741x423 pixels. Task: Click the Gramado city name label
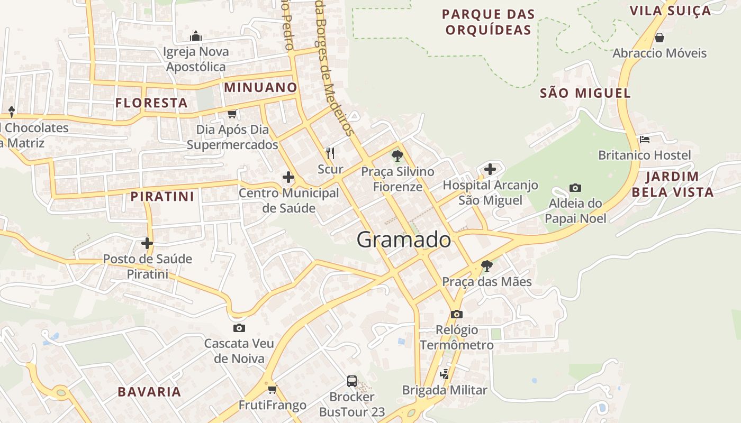pyautogui.click(x=403, y=240)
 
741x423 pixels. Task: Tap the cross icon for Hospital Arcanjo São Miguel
pyautogui.click(x=490, y=169)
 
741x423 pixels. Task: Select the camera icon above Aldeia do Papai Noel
pyautogui.click(x=575, y=188)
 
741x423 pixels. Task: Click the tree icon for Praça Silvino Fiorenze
pyautogui.click(x=397, y=155)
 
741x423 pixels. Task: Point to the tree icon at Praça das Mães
pyautogui.click(x=487, y=265)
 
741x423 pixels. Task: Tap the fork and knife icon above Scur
pyautogui.click(x=330, y=153)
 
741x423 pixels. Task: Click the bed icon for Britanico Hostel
pyautogui.click(x=644, y=140)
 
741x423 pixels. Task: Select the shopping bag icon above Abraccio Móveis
pyautogui.click(x=659, y=38)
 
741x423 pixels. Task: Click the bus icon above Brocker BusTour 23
pyautogui.click(x=351, y=381)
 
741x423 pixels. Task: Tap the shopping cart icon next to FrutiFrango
pyautogui.click(x=272, y=390)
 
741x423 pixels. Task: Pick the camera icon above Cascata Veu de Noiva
pyautogui.click(x=239, y=328)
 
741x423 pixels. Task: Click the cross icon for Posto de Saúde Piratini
pyautogui.click(x=147, y=243)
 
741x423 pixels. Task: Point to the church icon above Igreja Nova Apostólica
pyautogui.click(x=196, y=36)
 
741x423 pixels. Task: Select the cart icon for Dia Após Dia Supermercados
pyautogui.click(x=232, y=114)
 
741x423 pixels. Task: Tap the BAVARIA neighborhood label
pyautogui.click(x=149, y=392)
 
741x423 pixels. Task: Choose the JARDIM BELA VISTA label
pyautogui.click(x=672, y=184)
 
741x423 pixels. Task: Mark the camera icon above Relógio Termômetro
pyautogui.click(x=456, y=314)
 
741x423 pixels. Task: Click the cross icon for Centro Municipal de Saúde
pyautogui.click(x=288, y=177)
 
